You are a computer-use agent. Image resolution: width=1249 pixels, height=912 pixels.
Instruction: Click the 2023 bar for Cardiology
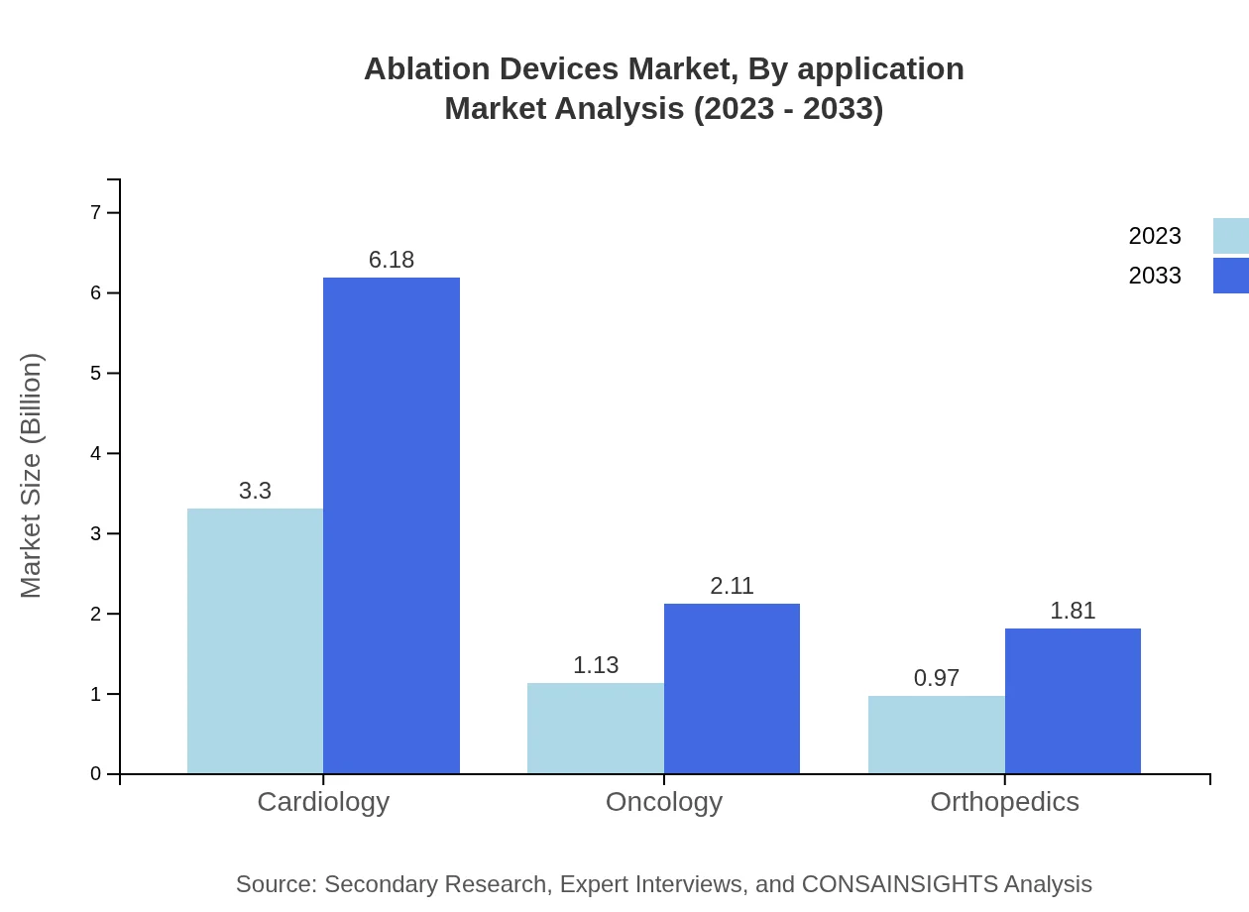coord(255,640)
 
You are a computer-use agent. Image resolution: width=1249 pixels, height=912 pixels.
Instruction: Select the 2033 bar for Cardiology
coord(392,525)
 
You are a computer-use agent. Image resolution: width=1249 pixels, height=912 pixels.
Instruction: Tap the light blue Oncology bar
coord(596,728)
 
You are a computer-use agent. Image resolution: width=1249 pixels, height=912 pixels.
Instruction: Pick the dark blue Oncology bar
coord(732,688)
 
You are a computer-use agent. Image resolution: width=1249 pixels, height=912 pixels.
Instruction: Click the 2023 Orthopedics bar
coord(937,734)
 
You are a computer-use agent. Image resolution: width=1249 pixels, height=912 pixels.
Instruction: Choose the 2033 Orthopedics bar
coord(1073,701)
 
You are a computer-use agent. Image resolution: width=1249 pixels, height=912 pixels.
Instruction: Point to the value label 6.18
coord(392,260)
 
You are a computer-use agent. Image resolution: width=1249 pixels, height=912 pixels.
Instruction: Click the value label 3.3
coord(255,491)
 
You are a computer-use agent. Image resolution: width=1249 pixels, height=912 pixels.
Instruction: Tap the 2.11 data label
coord(732,586)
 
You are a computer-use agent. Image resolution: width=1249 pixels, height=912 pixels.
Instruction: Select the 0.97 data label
coord(937,678)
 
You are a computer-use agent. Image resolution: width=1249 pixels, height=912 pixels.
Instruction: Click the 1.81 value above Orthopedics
coord(1073,611)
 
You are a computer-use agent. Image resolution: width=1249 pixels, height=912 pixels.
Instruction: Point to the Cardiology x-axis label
coord(323,801)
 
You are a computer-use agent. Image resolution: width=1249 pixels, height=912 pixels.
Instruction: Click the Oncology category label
coord(664,801)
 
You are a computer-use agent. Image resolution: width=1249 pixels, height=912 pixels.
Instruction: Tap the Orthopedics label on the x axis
coord(1004,801)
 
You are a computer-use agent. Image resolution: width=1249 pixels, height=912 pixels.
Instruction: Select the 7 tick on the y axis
coord(96,212)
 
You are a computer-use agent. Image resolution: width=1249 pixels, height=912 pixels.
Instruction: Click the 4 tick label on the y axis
coord(96,453)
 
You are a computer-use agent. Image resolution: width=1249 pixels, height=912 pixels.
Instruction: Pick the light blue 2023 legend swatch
coord(1230,236)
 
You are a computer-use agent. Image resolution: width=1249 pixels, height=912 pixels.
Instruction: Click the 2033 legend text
coord(1155,276)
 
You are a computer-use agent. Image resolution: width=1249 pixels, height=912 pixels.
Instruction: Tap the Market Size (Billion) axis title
coord(32,476)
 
